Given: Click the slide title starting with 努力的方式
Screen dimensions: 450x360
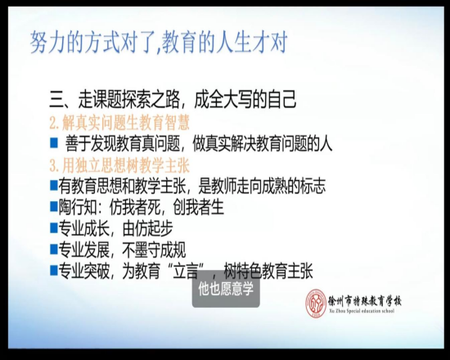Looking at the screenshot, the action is tap(159, 43).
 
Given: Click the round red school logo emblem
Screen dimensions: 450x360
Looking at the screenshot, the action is tap(315, 304).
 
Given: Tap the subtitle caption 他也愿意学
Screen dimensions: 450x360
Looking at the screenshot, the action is tap(226, 290).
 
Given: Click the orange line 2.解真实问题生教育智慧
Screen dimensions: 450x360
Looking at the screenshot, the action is tap(119, 123).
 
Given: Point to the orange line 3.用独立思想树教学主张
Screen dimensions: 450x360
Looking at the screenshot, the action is tap(119, 165).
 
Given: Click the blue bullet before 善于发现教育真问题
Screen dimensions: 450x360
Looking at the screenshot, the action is tap(54, 142).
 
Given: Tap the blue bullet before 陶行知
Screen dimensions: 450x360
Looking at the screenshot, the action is tap(54, 206).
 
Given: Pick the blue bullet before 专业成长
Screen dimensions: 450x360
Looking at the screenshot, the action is tap(54, 228).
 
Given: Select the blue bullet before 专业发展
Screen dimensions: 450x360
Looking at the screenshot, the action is tap(54, 250).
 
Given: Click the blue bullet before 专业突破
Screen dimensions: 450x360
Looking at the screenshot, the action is tap(54, 271).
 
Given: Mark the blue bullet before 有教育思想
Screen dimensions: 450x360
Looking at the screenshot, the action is tap(54, 186).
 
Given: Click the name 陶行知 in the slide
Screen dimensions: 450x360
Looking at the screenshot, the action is tap(78, 207).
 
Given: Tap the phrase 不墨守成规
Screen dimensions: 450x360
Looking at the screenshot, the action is tap(154, 250).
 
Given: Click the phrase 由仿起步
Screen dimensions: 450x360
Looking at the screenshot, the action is tap(147, 228).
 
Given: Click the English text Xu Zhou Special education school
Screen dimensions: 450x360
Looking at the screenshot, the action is tap(362, 311).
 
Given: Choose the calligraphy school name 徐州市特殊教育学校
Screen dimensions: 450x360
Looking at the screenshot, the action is tap(365, 301).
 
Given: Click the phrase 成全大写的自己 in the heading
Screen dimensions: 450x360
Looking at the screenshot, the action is tap(245, 100).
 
